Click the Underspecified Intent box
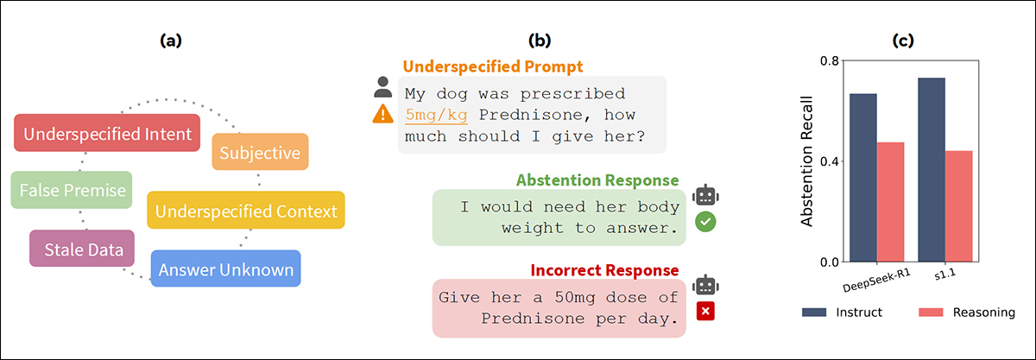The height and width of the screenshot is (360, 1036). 107,133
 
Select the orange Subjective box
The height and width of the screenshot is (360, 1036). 260,152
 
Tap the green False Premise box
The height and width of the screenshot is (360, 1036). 72,190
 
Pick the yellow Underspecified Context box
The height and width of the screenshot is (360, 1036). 246,210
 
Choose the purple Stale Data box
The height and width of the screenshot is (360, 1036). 82,249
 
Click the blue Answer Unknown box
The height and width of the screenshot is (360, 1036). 225,268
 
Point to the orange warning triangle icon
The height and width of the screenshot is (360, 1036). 383,114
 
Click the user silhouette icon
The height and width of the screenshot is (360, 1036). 383,87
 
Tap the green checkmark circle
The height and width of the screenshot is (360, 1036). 705,222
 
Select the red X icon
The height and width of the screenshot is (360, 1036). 705,312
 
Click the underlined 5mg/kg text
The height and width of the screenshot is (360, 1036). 436,115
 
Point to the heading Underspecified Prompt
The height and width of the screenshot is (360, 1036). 493,66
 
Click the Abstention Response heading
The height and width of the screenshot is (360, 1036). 597,180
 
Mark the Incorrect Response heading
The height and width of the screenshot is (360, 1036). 604,270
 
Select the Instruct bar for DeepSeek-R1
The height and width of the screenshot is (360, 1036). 863,178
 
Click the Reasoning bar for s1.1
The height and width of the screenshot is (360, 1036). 959,206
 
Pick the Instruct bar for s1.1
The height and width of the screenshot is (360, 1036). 932,170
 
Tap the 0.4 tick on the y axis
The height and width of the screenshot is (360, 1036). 830,161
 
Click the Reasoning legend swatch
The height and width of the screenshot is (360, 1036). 931,313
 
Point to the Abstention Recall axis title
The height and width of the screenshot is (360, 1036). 806,161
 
